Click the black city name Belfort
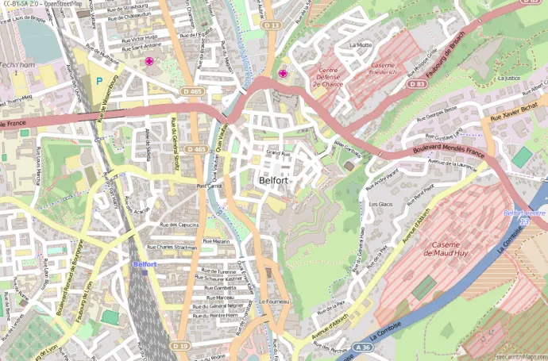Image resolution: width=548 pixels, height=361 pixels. (272, 180)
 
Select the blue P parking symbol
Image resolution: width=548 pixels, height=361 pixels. (98, 80)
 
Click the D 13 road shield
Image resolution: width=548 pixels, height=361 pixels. (272, 25)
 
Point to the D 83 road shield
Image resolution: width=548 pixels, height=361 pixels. (416, 83)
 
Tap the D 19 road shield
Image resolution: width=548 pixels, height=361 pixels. (180, 346)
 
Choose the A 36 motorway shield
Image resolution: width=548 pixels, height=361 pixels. (363, 347)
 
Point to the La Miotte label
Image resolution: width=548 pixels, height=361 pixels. (360, 45)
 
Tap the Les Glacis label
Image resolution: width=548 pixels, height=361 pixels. (381, 204)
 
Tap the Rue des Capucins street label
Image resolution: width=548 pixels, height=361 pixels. (179, 225)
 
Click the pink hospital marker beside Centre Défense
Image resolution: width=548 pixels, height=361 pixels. (283, 74)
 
